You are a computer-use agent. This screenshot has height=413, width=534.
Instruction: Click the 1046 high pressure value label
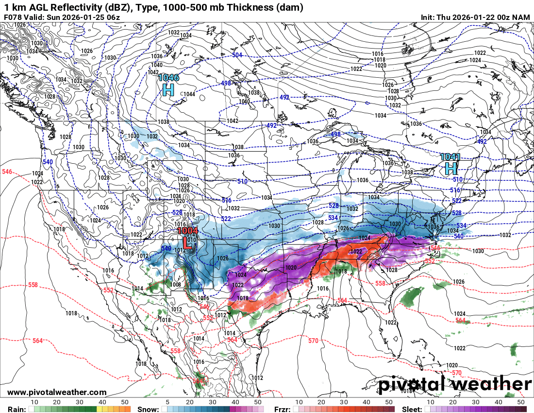click(168, 78)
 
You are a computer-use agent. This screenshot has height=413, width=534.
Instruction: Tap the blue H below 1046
click(168, 89)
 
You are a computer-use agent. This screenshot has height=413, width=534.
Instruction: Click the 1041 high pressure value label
click(450, 157)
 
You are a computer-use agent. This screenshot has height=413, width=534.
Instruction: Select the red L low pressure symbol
click(186, 242)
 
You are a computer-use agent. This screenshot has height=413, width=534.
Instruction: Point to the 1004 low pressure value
click(187, 231)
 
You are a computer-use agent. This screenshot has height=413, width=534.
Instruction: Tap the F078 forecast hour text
click(12, 17)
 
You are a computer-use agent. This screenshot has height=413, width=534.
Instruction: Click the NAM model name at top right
click(522, 17)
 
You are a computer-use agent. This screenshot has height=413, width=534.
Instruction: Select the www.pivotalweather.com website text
click(57, 392)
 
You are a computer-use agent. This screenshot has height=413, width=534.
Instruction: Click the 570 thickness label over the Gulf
click(313, 341)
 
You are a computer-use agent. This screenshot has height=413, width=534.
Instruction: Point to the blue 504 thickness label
click(237, 55)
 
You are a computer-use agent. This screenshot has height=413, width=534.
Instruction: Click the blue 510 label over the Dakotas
click(242, 181)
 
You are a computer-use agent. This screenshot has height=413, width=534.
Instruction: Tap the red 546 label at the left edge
click(7, 172)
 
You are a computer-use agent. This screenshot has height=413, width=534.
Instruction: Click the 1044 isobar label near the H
click(189, 94)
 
